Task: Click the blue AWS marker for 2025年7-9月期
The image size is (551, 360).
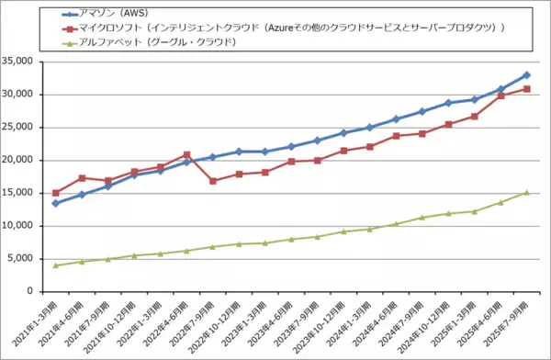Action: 527,75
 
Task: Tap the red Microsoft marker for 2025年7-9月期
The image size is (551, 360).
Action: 527,89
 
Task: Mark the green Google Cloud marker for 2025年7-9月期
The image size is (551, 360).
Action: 527,193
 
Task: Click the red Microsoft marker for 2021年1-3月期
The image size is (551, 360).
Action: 56,193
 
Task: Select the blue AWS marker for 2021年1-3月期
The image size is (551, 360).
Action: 56,203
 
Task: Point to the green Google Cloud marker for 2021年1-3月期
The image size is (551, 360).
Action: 56,265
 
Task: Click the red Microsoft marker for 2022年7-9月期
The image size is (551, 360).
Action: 213,181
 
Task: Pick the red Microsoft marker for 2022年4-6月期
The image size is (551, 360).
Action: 186,154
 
